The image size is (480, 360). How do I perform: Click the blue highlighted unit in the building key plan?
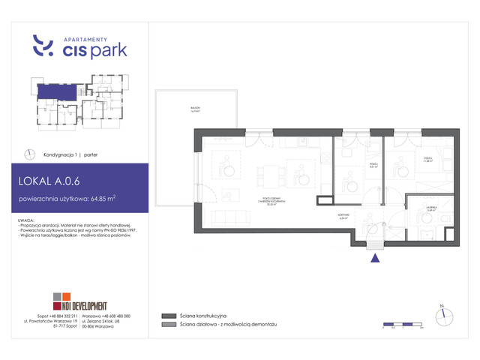pos(55,92)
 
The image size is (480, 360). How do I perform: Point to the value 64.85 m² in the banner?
pos(101,199)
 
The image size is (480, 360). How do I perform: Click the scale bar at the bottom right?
pos(403,326)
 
